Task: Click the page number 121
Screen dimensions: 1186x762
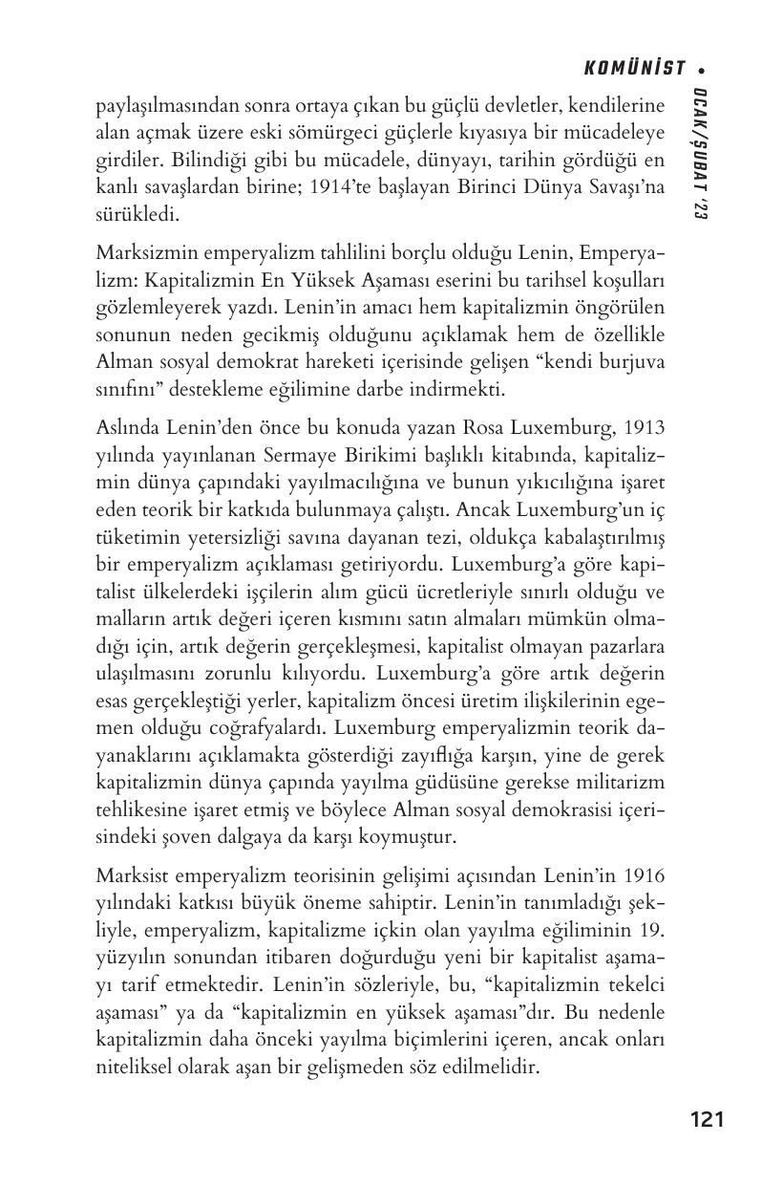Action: coord(707,1119)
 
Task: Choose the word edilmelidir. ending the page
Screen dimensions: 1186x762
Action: coord(486,1064)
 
